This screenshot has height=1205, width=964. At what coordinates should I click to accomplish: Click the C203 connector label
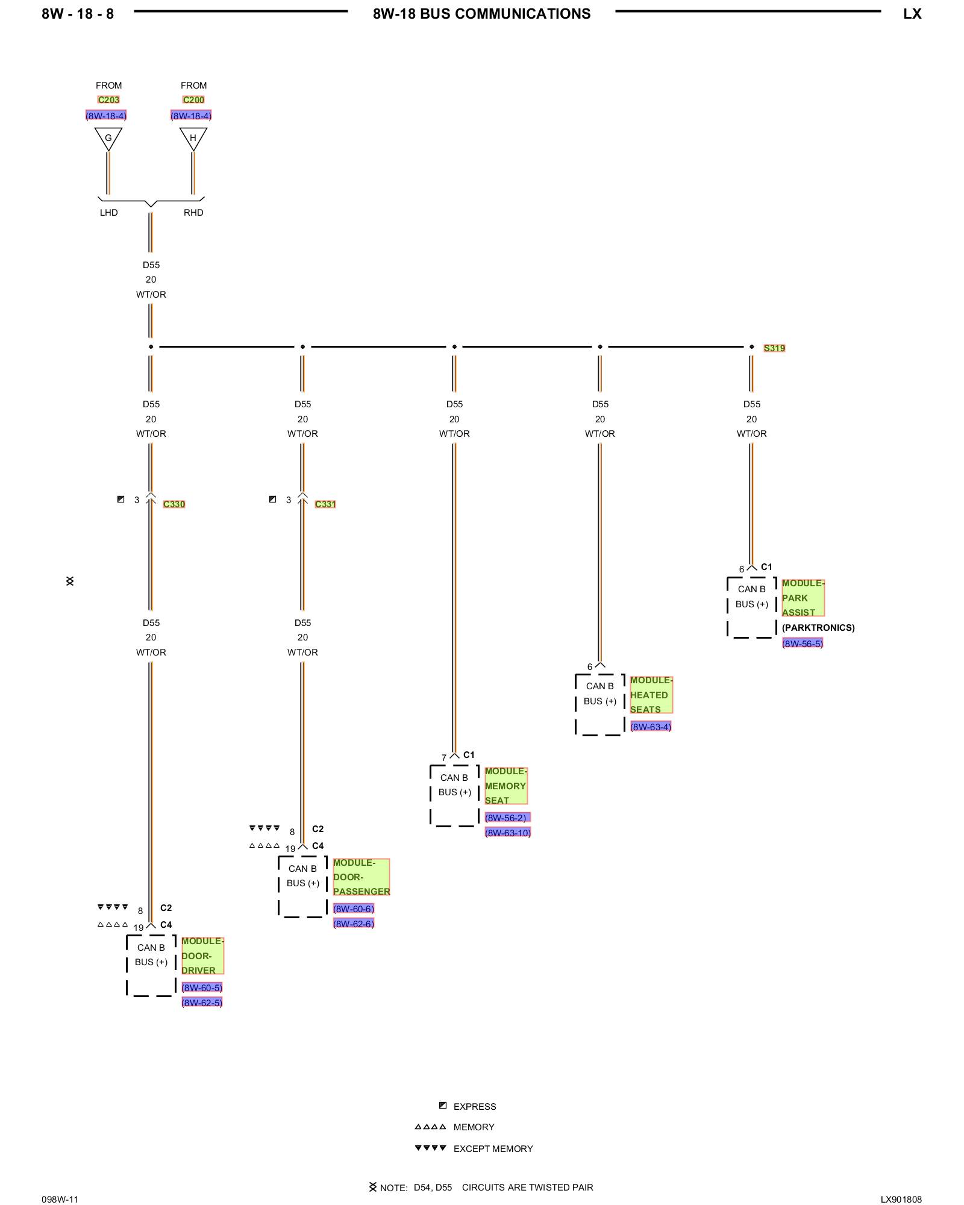(108, 100)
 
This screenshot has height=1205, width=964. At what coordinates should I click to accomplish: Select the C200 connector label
(193, 100)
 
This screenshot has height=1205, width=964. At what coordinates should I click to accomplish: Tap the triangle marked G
(108, 138)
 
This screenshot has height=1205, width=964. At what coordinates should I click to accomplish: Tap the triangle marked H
(193, 138)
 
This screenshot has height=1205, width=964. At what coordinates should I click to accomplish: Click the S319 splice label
(774, 348)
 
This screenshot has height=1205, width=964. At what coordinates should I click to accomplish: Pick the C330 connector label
(174, 504)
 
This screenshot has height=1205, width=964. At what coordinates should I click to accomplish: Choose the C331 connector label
(325, 504)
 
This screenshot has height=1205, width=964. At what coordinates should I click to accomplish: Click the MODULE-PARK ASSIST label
(803, 598)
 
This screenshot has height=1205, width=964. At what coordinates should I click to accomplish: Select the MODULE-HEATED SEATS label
(651, 695)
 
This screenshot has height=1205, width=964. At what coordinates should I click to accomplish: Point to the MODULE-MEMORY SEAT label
(505, 786)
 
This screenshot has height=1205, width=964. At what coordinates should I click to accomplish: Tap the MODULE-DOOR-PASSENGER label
(361, 877)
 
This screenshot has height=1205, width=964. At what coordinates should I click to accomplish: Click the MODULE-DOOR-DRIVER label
(202, 956)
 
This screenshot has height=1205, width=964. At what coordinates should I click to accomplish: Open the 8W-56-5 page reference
(802, 643)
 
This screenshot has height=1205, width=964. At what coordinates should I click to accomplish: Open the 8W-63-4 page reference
(650, 727)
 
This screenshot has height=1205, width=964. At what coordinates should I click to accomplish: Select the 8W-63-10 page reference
(507, 833)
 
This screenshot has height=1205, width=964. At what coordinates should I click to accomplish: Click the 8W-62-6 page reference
(354, 924)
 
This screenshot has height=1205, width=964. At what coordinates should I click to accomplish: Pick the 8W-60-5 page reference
(202, 987)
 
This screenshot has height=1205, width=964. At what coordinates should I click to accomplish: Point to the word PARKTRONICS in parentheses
(818, 628)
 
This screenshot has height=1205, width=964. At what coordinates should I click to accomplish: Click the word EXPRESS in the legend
(475, 1107)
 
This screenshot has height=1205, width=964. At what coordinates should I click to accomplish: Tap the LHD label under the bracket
(109, 213)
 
